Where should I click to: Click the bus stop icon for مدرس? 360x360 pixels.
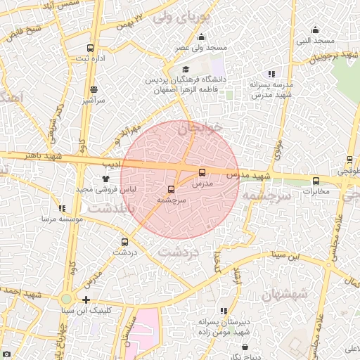202,172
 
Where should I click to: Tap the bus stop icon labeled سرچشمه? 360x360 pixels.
172,190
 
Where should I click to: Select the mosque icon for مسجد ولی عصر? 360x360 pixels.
202,37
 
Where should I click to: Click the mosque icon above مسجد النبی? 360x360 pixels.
315,30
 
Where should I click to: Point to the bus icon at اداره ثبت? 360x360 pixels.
90,48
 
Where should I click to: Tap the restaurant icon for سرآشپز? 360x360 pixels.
94,90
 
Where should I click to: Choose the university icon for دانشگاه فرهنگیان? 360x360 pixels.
186,69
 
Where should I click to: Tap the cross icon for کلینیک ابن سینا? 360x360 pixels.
86,300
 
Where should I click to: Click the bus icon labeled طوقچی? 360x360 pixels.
349,160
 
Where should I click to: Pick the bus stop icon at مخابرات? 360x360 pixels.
315,181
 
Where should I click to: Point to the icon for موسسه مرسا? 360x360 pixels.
63,209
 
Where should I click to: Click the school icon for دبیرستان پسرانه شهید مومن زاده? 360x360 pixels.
224,311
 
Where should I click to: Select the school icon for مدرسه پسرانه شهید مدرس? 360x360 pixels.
271,74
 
